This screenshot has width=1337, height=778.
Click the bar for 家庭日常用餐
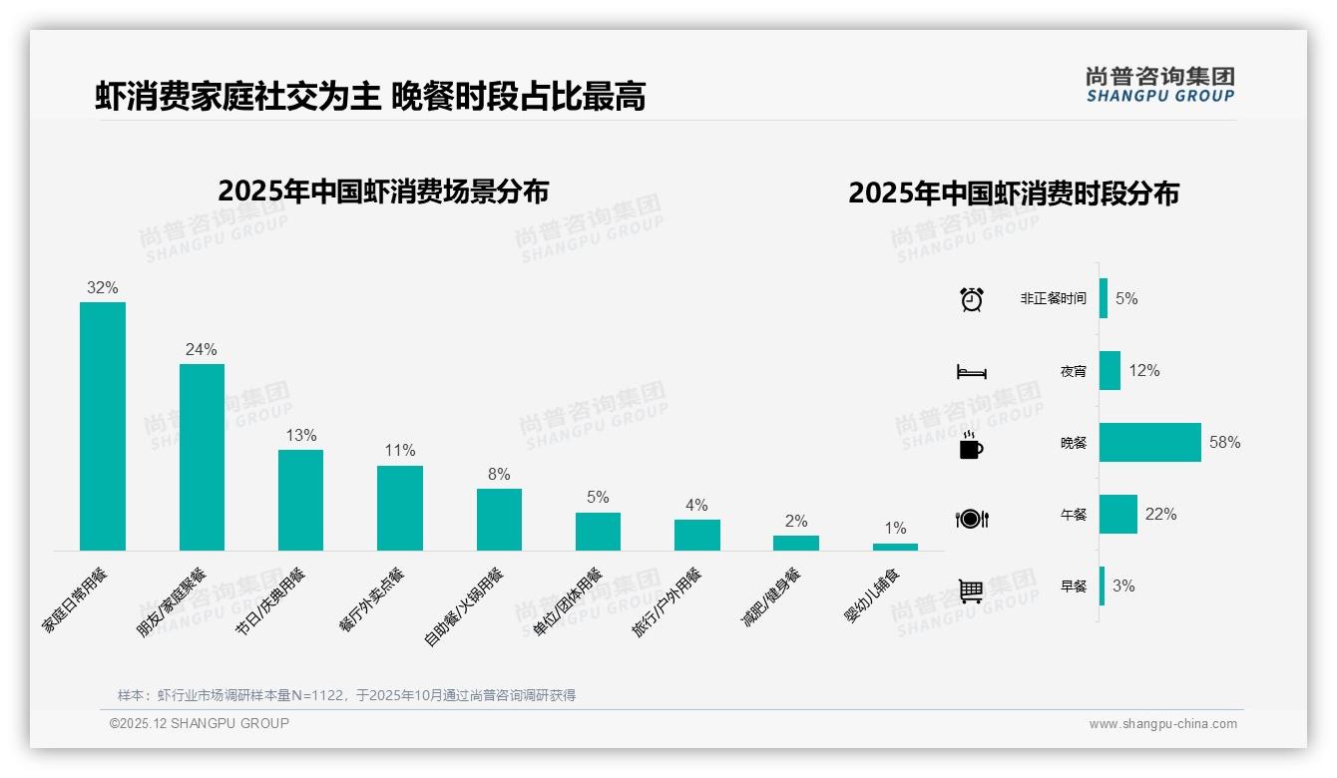coord(103,426)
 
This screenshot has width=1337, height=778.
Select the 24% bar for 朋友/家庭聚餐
coord(202,457)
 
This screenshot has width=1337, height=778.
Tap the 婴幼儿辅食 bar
coord(895,547)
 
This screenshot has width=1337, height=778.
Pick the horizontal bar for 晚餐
coord(1150,442)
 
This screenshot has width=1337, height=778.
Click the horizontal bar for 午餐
coord(1118,515)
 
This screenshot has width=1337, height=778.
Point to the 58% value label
coord(1224,442)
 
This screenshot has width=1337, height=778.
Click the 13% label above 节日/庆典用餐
coord(300,435)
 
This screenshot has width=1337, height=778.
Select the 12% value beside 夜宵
coord(1144,370)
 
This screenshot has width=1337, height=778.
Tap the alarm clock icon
coord(972,299)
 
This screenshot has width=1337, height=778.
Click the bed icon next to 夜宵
coord(972,372)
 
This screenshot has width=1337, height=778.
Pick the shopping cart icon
coord(971,590)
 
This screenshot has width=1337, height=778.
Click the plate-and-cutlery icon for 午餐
coord(972,519)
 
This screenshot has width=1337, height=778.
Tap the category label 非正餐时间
coord(1053,298)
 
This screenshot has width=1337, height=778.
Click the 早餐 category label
coord(1074,586)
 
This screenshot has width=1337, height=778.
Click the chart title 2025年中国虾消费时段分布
coord(1014,194)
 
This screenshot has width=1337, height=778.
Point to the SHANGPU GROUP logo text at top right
coord(1160,96)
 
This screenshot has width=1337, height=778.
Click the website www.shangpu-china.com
coord(1162,724)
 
